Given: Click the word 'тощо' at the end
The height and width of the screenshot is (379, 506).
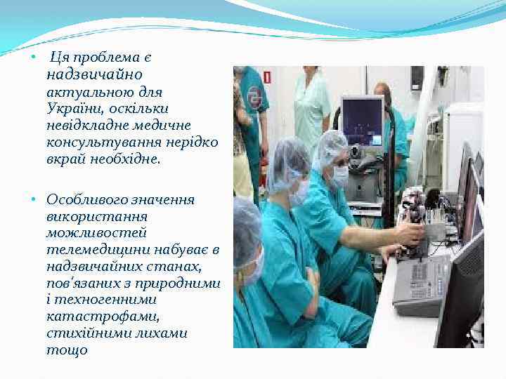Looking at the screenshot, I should point(67,350).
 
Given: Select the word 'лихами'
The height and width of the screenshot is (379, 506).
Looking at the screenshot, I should point(163,333).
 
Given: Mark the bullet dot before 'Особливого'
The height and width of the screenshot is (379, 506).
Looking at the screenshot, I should point(34,201).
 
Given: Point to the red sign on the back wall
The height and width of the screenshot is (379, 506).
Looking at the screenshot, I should point(267,77).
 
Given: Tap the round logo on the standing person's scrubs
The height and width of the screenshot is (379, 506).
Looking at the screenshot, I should point(254,99).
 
